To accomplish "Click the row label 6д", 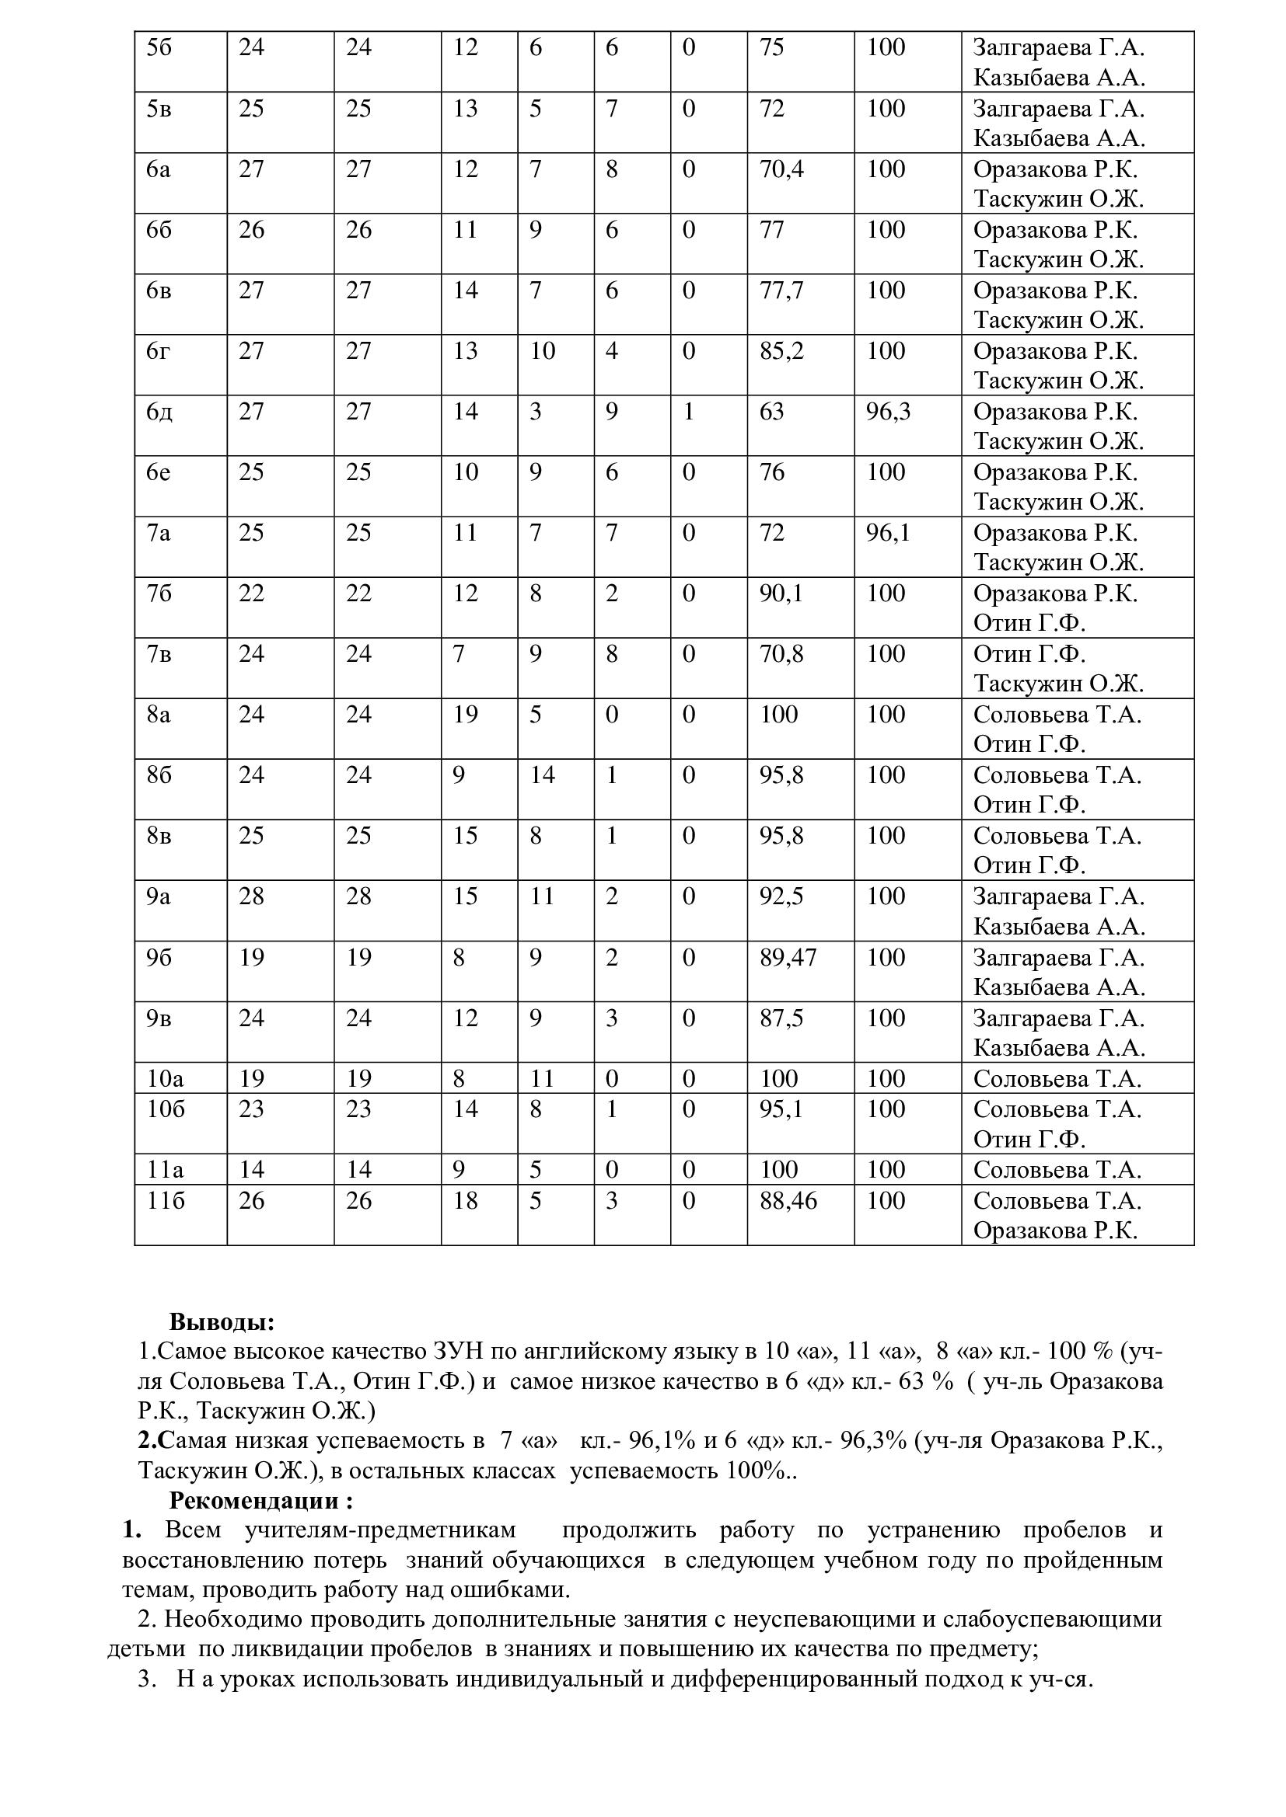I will [159, 412].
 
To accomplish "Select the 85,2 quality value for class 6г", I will [781, 350].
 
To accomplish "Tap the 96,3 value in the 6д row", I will [889, 412].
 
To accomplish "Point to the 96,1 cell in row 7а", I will [889, 533].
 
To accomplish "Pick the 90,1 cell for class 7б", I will [781, 593].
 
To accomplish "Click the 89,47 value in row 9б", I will [788, 958].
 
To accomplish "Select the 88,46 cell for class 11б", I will [788, 1200].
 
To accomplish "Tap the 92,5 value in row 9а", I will [781, 896].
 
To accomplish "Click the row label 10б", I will [166, 1109].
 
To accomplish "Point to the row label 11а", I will [165, 1170].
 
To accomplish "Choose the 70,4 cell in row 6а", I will [781, 169].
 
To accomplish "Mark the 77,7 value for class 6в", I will [781, 291].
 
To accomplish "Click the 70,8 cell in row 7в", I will [781, 653].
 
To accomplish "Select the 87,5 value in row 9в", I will [781, 1018].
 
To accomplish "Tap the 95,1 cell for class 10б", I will [781, 1109].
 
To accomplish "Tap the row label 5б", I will [159, 47].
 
